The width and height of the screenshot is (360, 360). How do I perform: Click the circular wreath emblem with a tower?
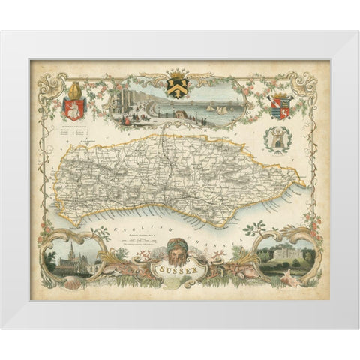click(x=277, y=139)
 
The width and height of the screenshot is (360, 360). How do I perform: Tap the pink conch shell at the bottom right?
click(x=293, y=279)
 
